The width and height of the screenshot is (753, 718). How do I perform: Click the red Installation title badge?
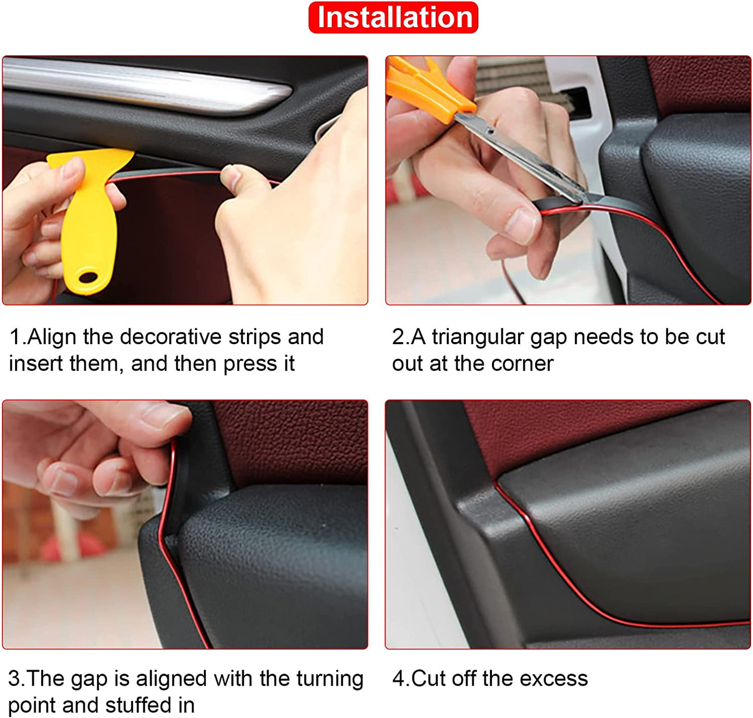pos(393,18)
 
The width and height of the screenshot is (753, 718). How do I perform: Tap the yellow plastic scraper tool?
pos(91,218)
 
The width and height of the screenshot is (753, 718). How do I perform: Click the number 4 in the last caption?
pos(398,678)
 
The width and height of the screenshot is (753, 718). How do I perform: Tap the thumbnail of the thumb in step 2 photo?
pos(521,226)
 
